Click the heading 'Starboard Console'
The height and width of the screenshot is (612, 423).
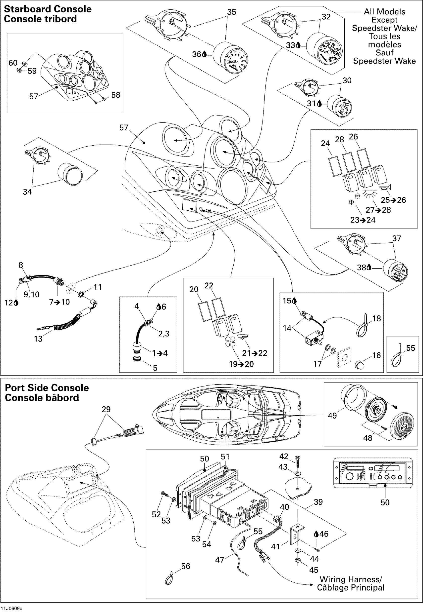tap(48, 9)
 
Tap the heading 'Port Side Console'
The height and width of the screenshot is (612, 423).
tap(47, 388)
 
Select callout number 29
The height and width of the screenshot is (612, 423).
tap(106, 409)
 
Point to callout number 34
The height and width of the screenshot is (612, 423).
tap(27, 192)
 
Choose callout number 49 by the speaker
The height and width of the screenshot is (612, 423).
tap(332, 416)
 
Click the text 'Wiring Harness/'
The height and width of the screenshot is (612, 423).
tap(351, 579)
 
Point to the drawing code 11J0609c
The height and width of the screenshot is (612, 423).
tap(12, 608)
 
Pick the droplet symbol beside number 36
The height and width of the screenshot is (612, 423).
tap(204, 54)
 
